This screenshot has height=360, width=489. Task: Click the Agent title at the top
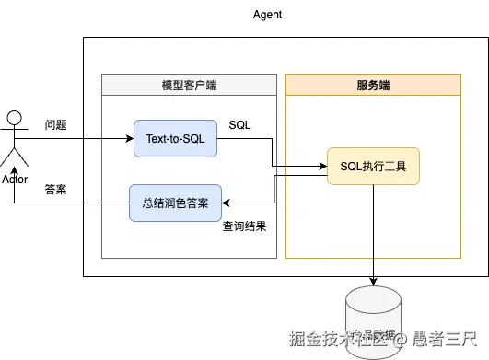267,16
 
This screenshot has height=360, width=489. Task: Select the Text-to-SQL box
175,139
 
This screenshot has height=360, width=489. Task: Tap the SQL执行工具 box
373,168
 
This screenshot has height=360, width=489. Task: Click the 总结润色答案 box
175,203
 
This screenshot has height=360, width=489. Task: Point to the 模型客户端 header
189,85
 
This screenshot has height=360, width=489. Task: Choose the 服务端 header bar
373,85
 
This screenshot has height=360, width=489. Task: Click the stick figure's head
14,117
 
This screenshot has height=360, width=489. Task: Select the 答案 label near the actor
56,189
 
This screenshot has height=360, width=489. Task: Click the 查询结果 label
244,226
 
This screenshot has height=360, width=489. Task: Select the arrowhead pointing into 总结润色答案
227,203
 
